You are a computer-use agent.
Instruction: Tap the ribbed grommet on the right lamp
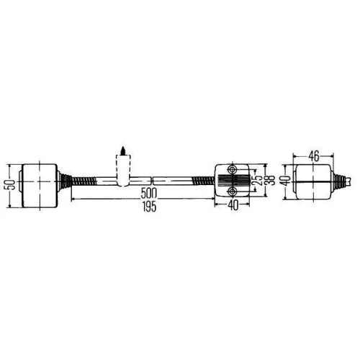coord(336,179)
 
